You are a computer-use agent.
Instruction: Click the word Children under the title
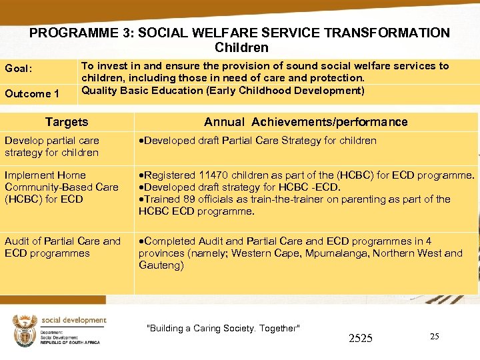(x=241, y=47)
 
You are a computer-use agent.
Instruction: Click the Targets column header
(x=67, y=122)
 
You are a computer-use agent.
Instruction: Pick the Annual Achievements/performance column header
(x=305, y=122)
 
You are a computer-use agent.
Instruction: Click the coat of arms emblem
(x=25, y=331)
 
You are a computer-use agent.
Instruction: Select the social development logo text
(x=73, y=321)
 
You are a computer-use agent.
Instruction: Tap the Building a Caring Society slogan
(x=223, y=328)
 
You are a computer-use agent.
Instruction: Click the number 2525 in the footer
(x=360, y=339)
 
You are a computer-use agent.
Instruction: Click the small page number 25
(x=434, y=337)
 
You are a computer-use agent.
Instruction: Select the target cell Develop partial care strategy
(x=52, y=147)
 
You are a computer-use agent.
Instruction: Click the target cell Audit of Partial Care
(x=63, y=247)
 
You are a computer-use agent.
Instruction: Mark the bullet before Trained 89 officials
(x=141, y=199)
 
